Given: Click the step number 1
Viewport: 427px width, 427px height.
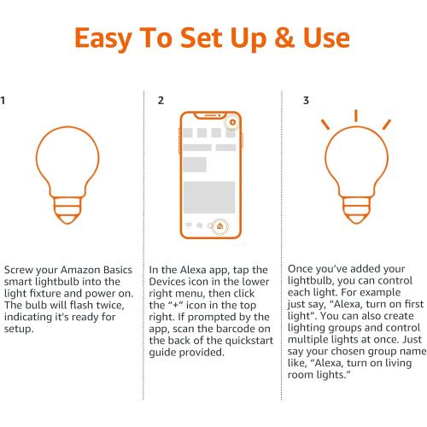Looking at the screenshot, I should tap(3, 101).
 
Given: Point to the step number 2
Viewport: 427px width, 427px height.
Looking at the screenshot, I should tap(161, 101).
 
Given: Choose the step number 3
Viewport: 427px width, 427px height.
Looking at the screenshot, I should tap(307, 101).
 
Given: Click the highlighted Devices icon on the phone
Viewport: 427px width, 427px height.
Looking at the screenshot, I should tap(220, 225).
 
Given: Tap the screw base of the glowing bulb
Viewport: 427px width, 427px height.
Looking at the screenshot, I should tap(357, 209).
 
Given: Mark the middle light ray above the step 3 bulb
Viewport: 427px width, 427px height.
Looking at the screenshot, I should tap(356, 114).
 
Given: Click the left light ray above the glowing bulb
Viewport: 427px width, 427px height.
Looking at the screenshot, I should tap(326, 125).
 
